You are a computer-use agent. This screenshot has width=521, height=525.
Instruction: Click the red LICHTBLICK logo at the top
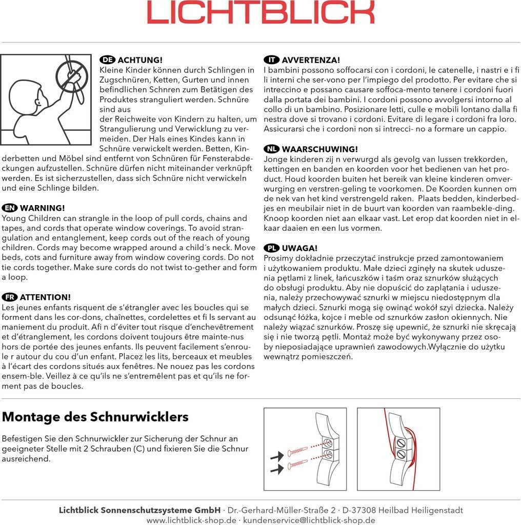[x=260, y=13]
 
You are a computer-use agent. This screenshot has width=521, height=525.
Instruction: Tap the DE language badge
[x=107, y=60]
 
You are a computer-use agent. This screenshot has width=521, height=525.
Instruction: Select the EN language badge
[x=9, y=208]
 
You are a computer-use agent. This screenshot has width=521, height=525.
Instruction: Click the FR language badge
[x=9, y=297]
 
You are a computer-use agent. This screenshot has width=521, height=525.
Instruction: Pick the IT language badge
[x=271, y=60]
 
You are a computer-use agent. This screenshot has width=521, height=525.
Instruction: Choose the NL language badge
[x=271, y=149]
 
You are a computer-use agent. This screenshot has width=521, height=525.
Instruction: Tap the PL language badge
[x=271, y=248]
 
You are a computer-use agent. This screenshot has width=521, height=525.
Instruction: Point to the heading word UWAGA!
[x=299, y=248]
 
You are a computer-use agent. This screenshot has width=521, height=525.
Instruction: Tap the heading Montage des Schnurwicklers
[x=95, y=417]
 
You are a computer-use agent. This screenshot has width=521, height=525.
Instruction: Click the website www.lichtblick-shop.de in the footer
[x=191, y=520]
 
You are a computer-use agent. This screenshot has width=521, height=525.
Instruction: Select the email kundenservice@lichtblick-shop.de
[x=309, y=520]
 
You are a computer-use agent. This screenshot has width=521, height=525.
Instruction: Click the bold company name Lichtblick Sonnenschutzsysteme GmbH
[x=139, y=510]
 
